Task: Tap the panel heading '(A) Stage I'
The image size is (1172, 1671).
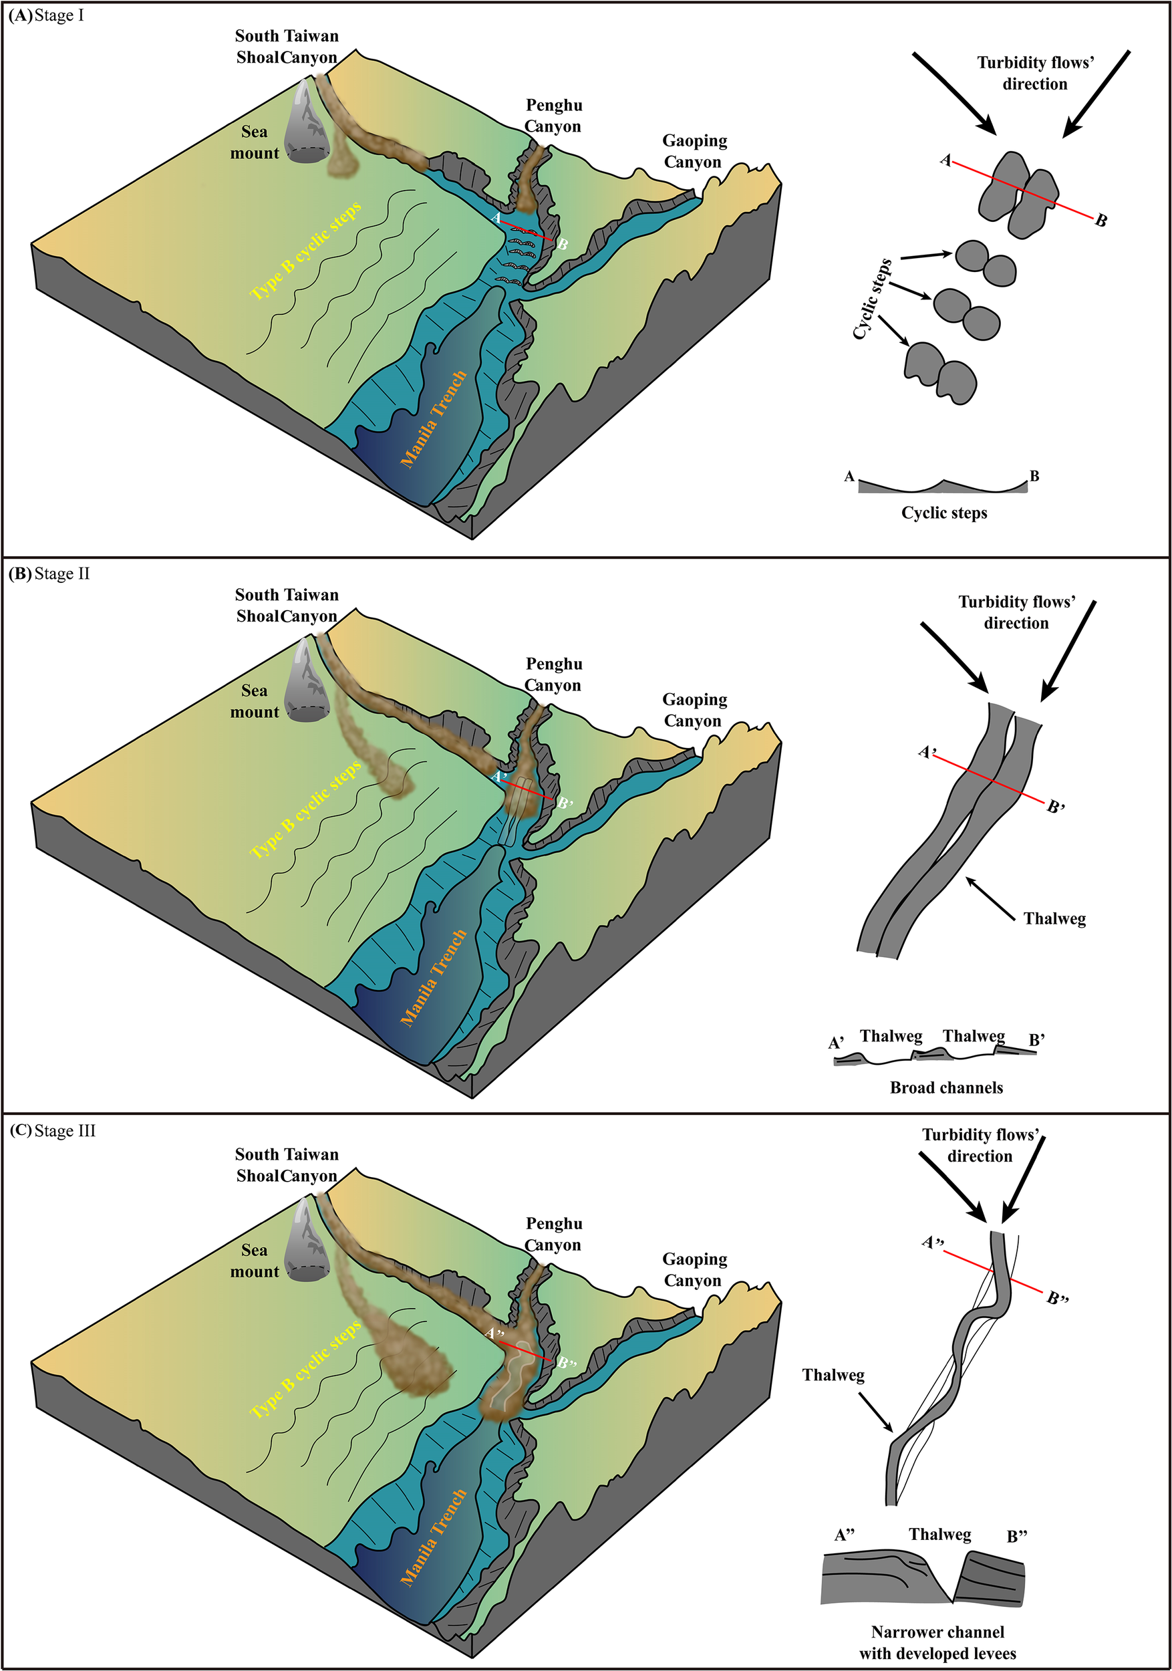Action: click(47, 15)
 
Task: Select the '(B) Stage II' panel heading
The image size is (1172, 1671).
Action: click(49, 573)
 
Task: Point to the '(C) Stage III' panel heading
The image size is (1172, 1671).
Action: click(52, 1130)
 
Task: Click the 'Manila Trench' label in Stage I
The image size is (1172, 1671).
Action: click(434, 418)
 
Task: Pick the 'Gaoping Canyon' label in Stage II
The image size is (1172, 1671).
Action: click(694, 710)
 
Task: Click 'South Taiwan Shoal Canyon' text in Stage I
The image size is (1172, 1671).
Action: click(287, 47)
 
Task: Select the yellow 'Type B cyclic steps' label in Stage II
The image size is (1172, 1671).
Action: click(305, 809)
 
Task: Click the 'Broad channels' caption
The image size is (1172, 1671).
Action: click(945, 1087)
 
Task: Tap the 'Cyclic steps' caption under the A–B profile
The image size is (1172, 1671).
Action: click(943, 513)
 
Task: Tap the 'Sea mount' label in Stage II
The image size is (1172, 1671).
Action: click(255, 701)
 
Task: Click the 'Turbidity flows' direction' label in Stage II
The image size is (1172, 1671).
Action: click(1016, 612)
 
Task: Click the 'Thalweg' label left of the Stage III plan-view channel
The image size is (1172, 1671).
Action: click(833, 1375)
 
